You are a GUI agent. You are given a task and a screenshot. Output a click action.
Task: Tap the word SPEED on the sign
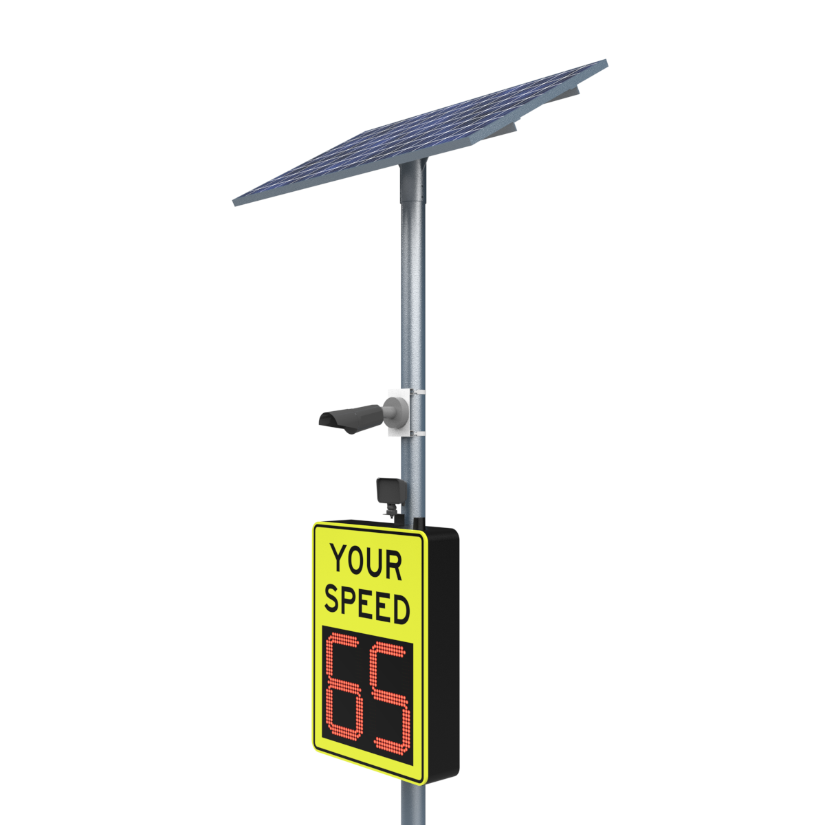pyautogui.click(x=367, y=608)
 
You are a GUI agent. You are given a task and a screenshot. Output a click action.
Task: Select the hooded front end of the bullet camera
pyautogui.click(x=332, y=422)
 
